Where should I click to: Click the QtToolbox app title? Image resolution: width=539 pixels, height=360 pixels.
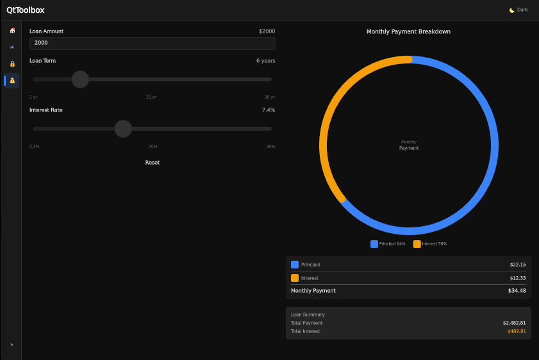click(26, 10)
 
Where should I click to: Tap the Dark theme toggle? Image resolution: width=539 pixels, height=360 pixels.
click(518, 10)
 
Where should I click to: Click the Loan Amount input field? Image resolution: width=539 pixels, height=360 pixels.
click(153, 43)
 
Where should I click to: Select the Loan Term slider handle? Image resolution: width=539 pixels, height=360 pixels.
click(80, 79)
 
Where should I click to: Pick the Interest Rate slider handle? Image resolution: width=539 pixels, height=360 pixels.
click(123, 129)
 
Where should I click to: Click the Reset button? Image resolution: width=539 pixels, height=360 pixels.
click(153, 163)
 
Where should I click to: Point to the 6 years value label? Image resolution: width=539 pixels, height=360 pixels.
click(265, 61)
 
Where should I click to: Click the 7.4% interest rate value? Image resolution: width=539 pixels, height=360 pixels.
click(269, 110)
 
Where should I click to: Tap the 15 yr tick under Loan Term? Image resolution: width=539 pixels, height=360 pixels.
click(151, 97)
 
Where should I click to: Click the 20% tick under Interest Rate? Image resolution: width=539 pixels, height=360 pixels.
click(270, 147)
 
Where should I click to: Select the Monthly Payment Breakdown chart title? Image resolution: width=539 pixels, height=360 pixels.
click(408, 31)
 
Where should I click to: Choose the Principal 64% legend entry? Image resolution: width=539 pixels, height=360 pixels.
click(388, 244)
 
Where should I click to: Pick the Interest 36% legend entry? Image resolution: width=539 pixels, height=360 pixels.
click(430, 244)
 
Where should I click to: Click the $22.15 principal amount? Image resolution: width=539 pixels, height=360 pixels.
click(517, 265)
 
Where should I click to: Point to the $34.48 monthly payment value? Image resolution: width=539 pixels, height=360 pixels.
click(517, 291)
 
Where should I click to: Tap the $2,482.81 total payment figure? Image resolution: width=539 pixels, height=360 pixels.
click(514, 323)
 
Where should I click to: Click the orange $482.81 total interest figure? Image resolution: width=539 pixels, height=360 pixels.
click(516, 331)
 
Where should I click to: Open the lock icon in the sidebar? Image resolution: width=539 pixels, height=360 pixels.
click(12, 64)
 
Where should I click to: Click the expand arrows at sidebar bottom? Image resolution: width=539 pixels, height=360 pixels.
click(12, 345)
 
